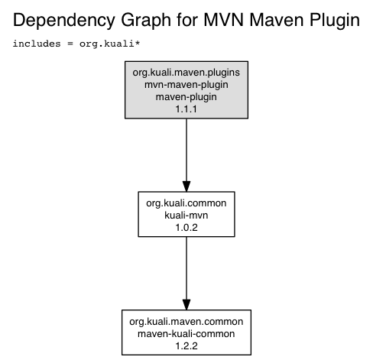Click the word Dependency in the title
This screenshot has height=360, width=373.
pos(64,21)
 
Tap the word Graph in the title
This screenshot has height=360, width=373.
pos(146,21)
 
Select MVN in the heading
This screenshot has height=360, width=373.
pos(224,20)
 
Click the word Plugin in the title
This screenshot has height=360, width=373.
pos(335,21)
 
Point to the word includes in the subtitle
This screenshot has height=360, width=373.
pos(37,44)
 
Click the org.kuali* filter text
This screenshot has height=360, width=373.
pos(109,44)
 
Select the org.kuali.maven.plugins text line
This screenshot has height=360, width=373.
pos(186,73)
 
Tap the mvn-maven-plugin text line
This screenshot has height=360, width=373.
pos(186,85)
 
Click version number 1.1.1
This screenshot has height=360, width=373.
pos(186,109)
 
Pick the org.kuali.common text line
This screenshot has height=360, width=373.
pos(186,203)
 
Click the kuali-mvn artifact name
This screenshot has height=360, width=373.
pos(186,216)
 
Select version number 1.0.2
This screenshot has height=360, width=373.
pos(186,228)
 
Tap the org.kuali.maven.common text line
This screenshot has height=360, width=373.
pos(186,322)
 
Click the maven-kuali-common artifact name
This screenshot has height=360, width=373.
pos(186,334)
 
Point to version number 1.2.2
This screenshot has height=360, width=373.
pos(186,346)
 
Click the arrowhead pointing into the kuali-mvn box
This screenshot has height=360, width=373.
pos(186,186)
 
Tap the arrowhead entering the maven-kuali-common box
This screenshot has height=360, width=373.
pos(186,305)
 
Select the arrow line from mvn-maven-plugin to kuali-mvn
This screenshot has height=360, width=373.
pos(186,155)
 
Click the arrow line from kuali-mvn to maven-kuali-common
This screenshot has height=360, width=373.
pos(186,274)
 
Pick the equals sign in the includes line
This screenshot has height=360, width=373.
pos(70,44)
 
